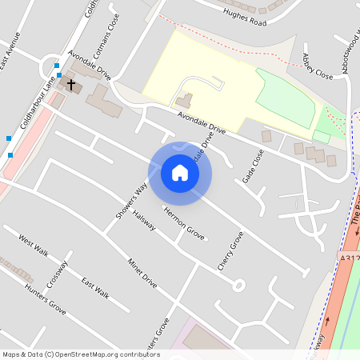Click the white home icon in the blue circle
coord(180,173)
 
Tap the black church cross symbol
coord(70,83)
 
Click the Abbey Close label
coord(317,66)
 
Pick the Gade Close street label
coord(254,166)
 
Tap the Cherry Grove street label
coord(230,250)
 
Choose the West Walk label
coord(34,246)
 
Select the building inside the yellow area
coord(184,101)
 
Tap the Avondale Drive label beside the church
coord(90,66)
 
